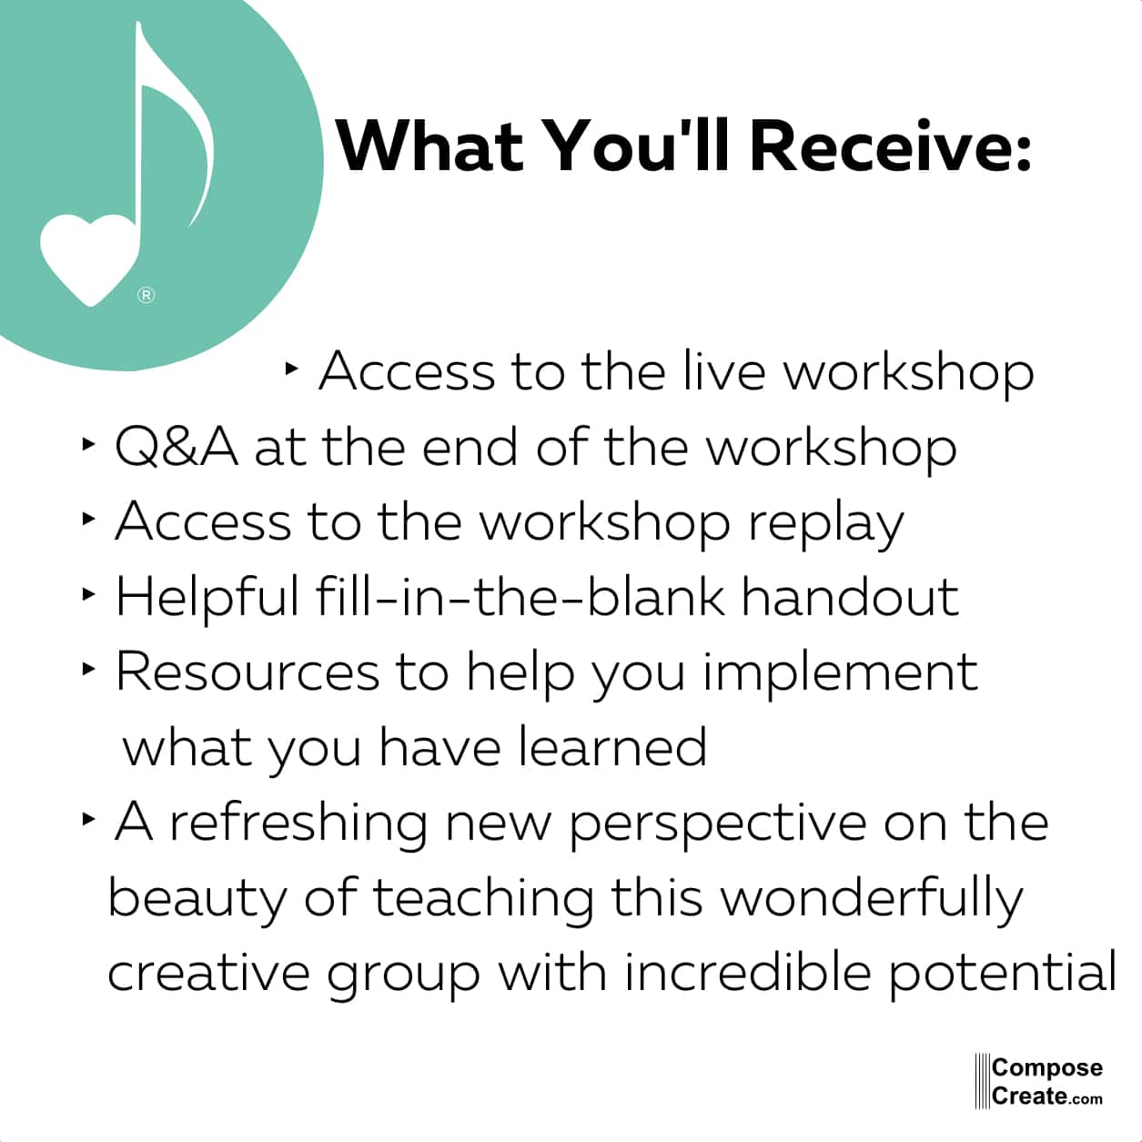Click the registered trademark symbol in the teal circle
pyautogui.click(x=147, y=295)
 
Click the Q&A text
pyautogui.click(x=176, y=448)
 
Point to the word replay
pyautogui.click(x=826, y=524)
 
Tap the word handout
pyautogui.click(x=850, y=597)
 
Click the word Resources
pyautogui.click(x=248, y=672)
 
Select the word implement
pyautogui.click(x=841, y=674)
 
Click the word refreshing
pyautogui.click(x=298, y=824)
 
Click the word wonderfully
pyautogui.click(x=872, y=900)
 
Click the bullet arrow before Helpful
pyautogui.click(x=88, y=594)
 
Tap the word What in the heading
pyautogui.click(x=430, y=146)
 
